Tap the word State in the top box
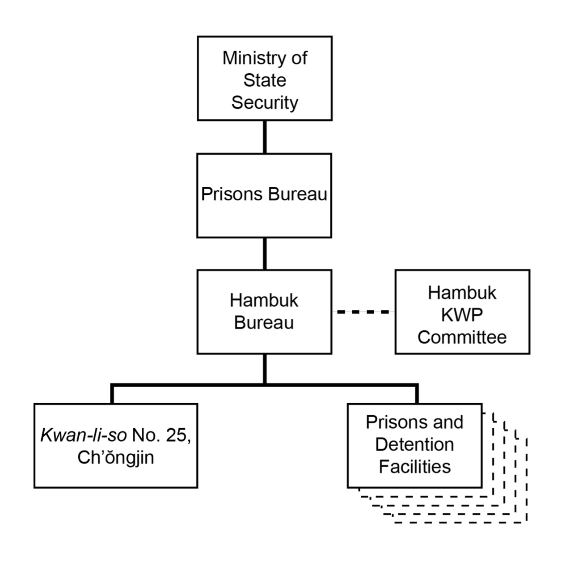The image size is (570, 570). tap(265, 80)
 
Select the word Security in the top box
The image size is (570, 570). tap(265, 102)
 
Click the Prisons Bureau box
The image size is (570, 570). tap(264, 195)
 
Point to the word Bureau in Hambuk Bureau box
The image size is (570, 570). tap(264, 323)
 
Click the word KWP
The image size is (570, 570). tap(462, 315)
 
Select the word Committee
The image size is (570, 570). tap(462, 337)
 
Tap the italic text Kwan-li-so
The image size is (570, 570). tap(84, 435)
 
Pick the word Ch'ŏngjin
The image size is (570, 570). tap(115, 457)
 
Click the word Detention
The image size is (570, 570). tap(414, 444)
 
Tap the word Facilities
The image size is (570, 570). tap(414, 467)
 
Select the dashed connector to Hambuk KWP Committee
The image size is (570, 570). tap(363, 312)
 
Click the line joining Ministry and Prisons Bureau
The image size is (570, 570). tap(265, 137)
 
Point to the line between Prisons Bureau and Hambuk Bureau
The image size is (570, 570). tap(265, 253)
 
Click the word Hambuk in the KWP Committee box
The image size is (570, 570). tap(462, 293)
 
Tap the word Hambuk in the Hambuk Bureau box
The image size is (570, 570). tap(264, 300)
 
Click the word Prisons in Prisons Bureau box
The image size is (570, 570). tap(232, 194)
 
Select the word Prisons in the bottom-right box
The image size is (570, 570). tap(391, 422)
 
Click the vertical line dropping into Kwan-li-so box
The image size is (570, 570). tap(112, 394)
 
